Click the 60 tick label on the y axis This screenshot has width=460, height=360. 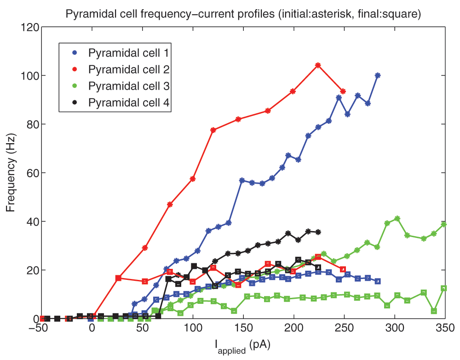pos(30,173)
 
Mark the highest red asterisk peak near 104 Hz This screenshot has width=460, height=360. pos(318,65)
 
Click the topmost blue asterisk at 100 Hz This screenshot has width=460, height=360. pos(378,75)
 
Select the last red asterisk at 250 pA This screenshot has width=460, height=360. pos(343,91)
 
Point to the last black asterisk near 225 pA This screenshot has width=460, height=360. pos(318,232)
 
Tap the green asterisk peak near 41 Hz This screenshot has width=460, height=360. pos(397,218)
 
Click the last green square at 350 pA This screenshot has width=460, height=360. pos(444,288)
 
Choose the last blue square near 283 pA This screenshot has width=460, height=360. pos(378,281)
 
